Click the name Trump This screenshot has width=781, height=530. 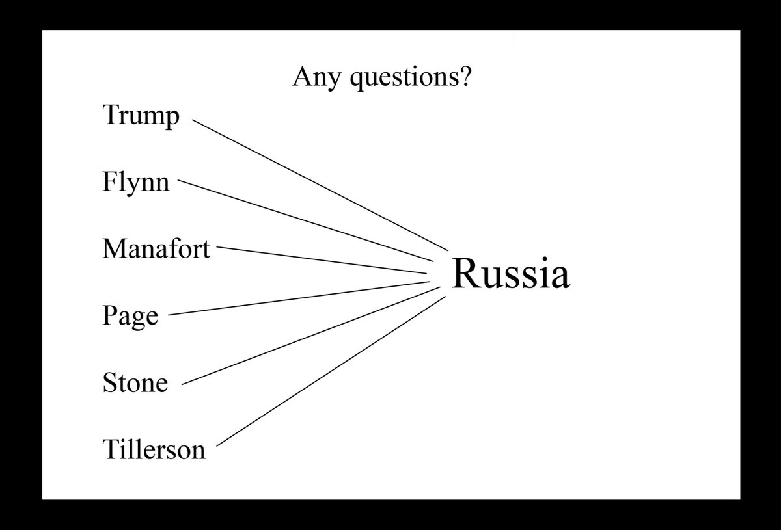tap(141, 117)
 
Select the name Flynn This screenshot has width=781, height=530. tap(135, 182)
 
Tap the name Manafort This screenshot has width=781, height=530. tap(156, 248)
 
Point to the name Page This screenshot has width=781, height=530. tap(130, 317)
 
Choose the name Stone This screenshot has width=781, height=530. tap(135, 382)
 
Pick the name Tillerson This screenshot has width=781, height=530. tap(154, 449)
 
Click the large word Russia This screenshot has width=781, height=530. tap(510, 274)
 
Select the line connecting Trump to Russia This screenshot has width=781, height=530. tap(321, 185)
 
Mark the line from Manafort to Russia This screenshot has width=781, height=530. tap(322, 261)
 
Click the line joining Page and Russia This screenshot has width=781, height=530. tap(298, 298)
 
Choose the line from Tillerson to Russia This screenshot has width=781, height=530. tap(331, 371)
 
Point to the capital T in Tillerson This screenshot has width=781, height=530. tap(109, 449)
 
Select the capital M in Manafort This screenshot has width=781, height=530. tap(115, 248)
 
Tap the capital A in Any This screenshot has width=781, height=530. tap(301, 77)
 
